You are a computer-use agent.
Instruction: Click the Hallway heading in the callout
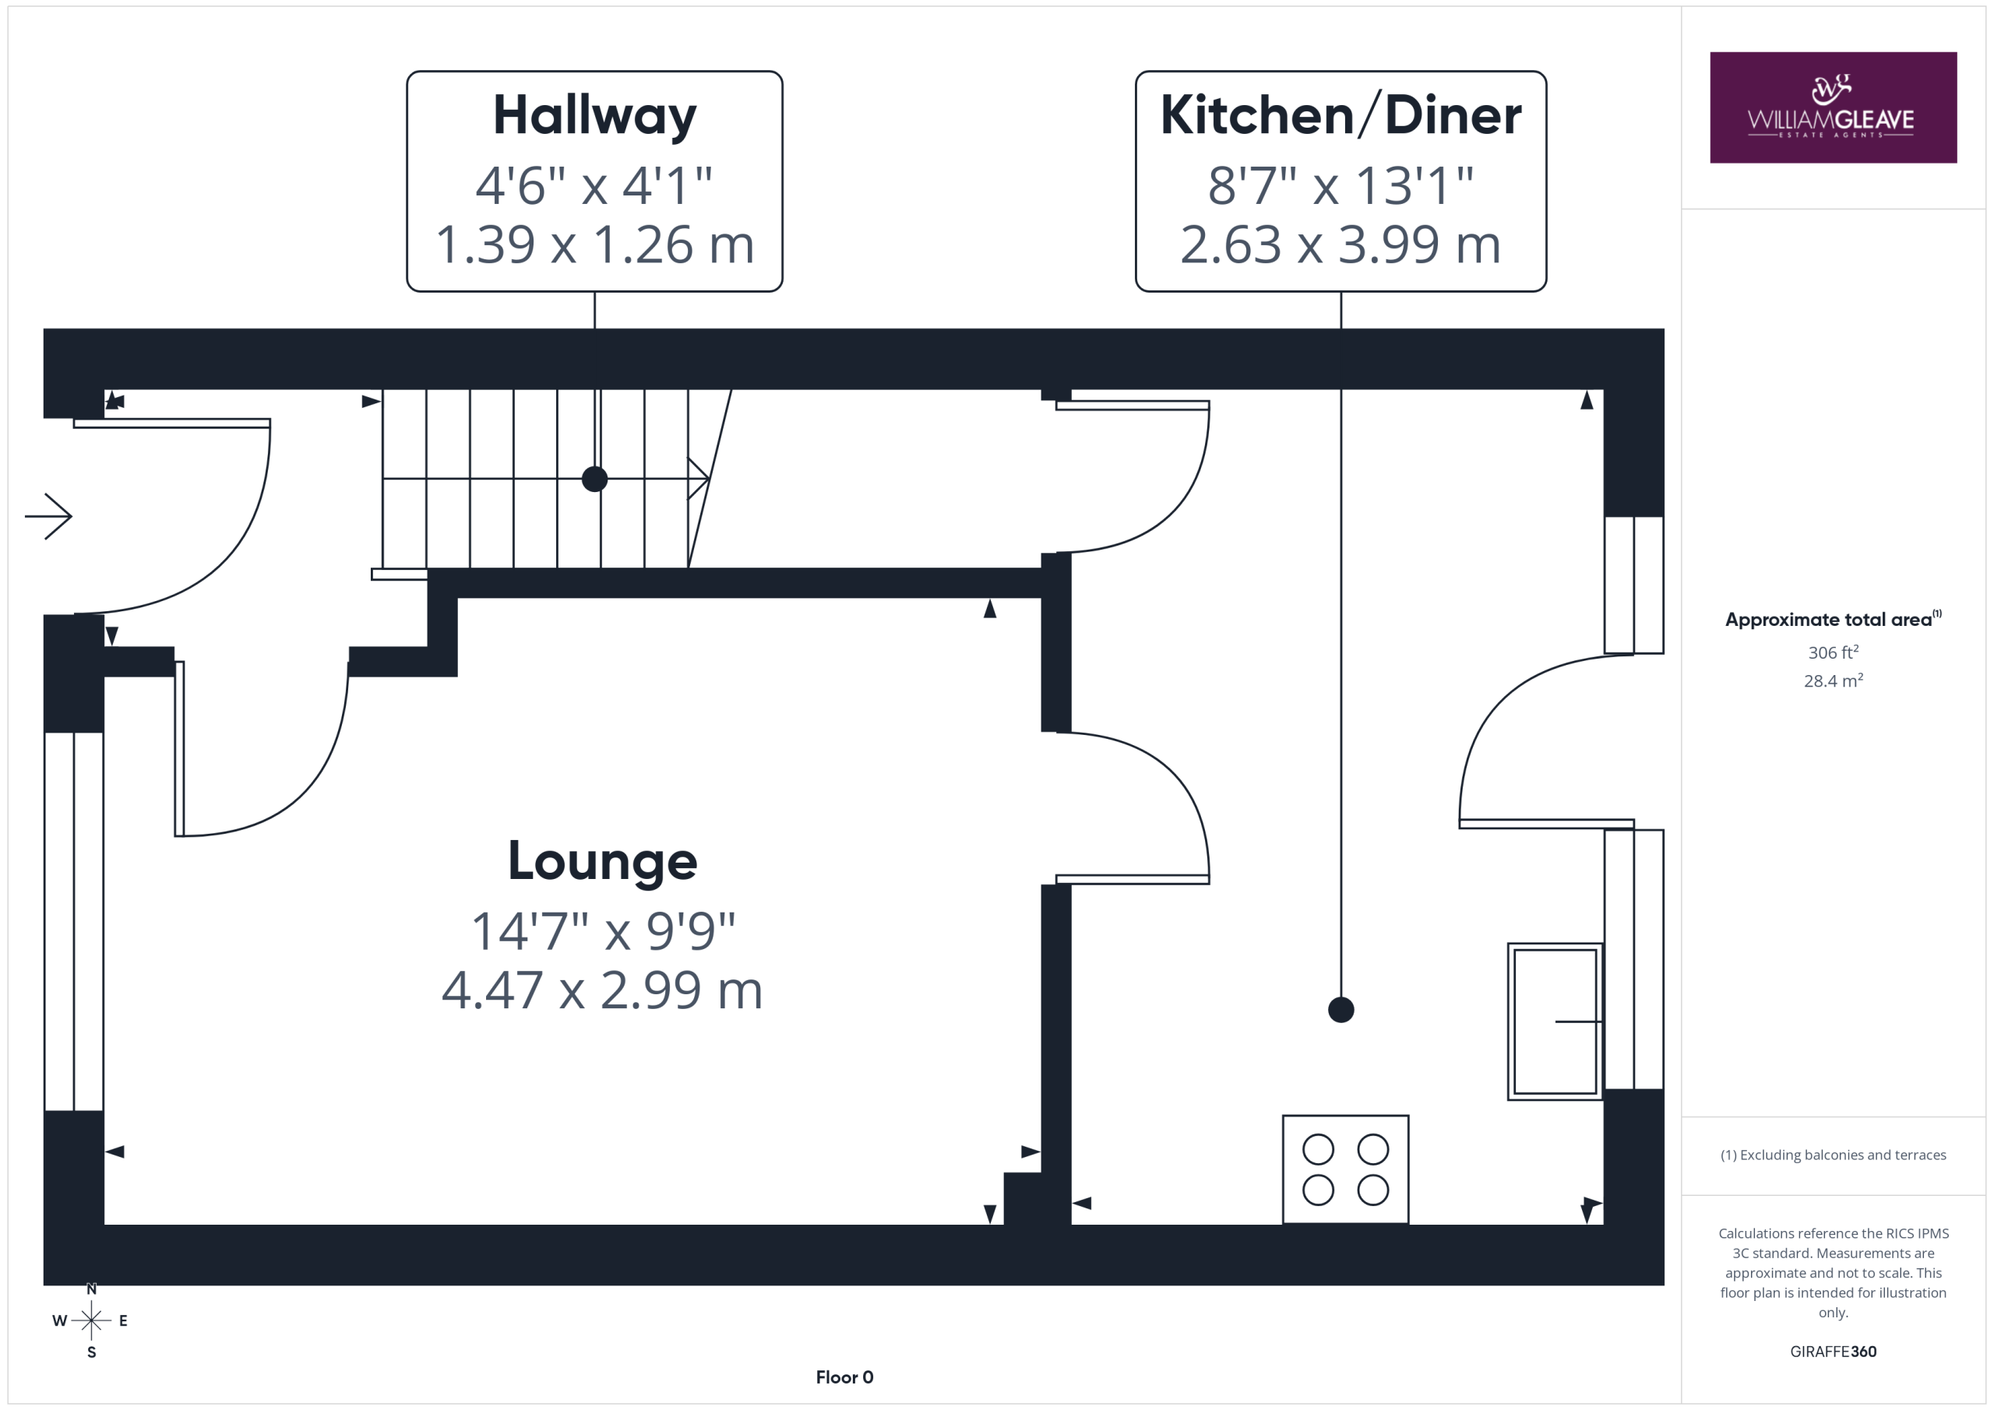pos(594,115)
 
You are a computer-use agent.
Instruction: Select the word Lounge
pos(602,860)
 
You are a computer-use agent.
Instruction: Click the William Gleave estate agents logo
pos(1833,107)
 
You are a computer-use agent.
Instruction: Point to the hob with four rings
pos(1345,1169)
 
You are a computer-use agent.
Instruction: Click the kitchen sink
pos(1555,1021)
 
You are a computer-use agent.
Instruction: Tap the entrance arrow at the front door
pos(48,517)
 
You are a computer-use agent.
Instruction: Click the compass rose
pos(91,1320)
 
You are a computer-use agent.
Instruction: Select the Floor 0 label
pos(844,1377)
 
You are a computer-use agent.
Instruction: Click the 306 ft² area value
pos(1833,652)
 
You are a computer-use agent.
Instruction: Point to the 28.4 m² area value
pos(1833,680)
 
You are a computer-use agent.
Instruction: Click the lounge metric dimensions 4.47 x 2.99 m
pos(602,990)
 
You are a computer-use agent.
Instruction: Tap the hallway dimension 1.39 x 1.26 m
pos(594,244)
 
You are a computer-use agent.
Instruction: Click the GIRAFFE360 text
pos(1833,1352)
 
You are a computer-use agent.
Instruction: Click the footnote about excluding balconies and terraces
pos(1833,1155)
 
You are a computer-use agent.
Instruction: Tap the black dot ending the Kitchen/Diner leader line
pos(1341,1010)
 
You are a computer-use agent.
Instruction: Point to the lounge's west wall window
pos(74,921)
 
